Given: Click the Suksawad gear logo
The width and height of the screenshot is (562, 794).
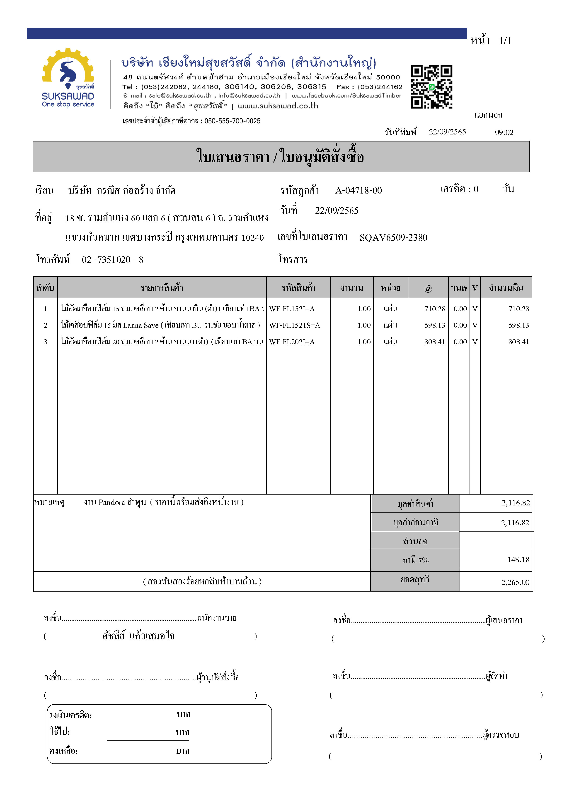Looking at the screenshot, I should pos(68,69).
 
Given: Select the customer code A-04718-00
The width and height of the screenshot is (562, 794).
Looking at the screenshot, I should pos(359,191).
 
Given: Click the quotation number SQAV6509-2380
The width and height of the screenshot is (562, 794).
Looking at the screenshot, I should pos(393,238).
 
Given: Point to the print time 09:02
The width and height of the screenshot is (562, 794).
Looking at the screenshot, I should pos(504,132).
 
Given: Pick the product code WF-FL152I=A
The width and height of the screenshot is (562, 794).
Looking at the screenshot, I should pos(292,309).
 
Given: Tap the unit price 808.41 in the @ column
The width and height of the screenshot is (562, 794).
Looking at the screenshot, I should pos(435,342).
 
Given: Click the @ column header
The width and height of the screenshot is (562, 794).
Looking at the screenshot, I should pos(428,288).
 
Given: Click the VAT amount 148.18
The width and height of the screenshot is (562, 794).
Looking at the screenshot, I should pos(518,560).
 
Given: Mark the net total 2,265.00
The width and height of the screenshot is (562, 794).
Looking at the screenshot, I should pos(515,582).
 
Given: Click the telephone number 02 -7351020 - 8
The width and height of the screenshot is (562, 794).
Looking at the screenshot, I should pos(113,260).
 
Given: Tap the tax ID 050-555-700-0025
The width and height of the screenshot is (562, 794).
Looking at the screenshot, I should pos(232,121).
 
